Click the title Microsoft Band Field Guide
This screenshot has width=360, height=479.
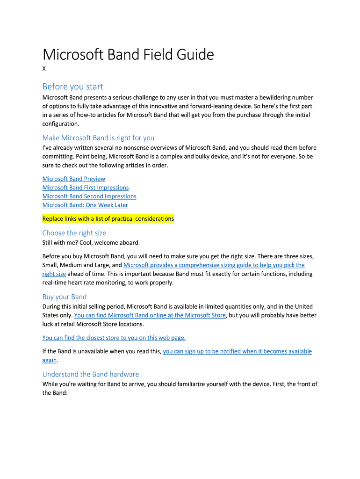tap(128, 55)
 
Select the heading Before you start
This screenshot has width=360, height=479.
tap(72, 87)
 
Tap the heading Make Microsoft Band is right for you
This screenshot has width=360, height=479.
tap(98, 138)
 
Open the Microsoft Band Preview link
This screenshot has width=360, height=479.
tap(74, 179)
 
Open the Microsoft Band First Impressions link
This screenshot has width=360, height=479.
tap(86, 188)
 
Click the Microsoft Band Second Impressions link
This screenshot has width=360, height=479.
tap(89, 196)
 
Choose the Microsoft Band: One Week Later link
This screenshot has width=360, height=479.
tap(85, 205)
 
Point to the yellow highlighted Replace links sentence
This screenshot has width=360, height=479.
tap(108, 218)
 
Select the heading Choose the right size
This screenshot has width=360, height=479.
tap(74, 233)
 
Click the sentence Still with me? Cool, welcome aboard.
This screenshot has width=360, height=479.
tap(91, 242)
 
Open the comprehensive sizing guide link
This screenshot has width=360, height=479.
tap(214, 265)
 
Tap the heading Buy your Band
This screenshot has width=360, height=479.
tap(64, 297)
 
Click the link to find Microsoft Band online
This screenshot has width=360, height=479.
tap(150, 315)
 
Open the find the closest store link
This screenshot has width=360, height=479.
tap(114, 338)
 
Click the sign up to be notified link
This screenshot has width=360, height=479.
tap(237, 351)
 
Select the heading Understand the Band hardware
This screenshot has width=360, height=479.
tap(90, 374)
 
